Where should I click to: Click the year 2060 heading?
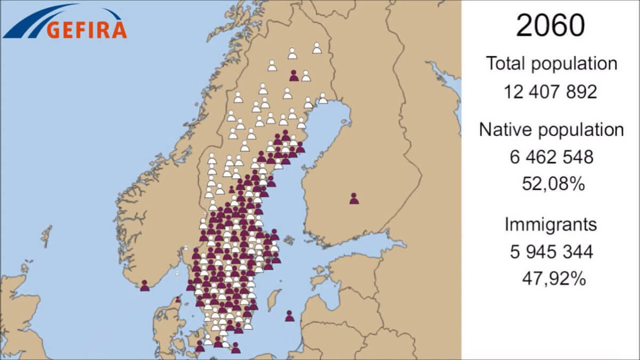(550, 25)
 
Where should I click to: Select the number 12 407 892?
(550, 92)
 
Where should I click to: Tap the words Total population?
(551, 63)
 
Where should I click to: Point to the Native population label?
(551, 130)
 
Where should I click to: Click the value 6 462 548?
(551, 157)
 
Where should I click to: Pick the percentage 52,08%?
(551, 184)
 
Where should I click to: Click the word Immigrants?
(550, 224)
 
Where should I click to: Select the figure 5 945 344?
(551, 251)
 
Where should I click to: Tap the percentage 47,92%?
(551, 278)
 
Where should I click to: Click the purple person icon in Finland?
(354, 198)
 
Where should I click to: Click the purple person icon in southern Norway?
(145, 285)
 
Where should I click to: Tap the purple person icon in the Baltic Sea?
(290, 316)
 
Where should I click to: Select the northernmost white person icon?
(317, 48)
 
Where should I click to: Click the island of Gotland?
(273, 299)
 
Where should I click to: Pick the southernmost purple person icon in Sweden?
(235, 348)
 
